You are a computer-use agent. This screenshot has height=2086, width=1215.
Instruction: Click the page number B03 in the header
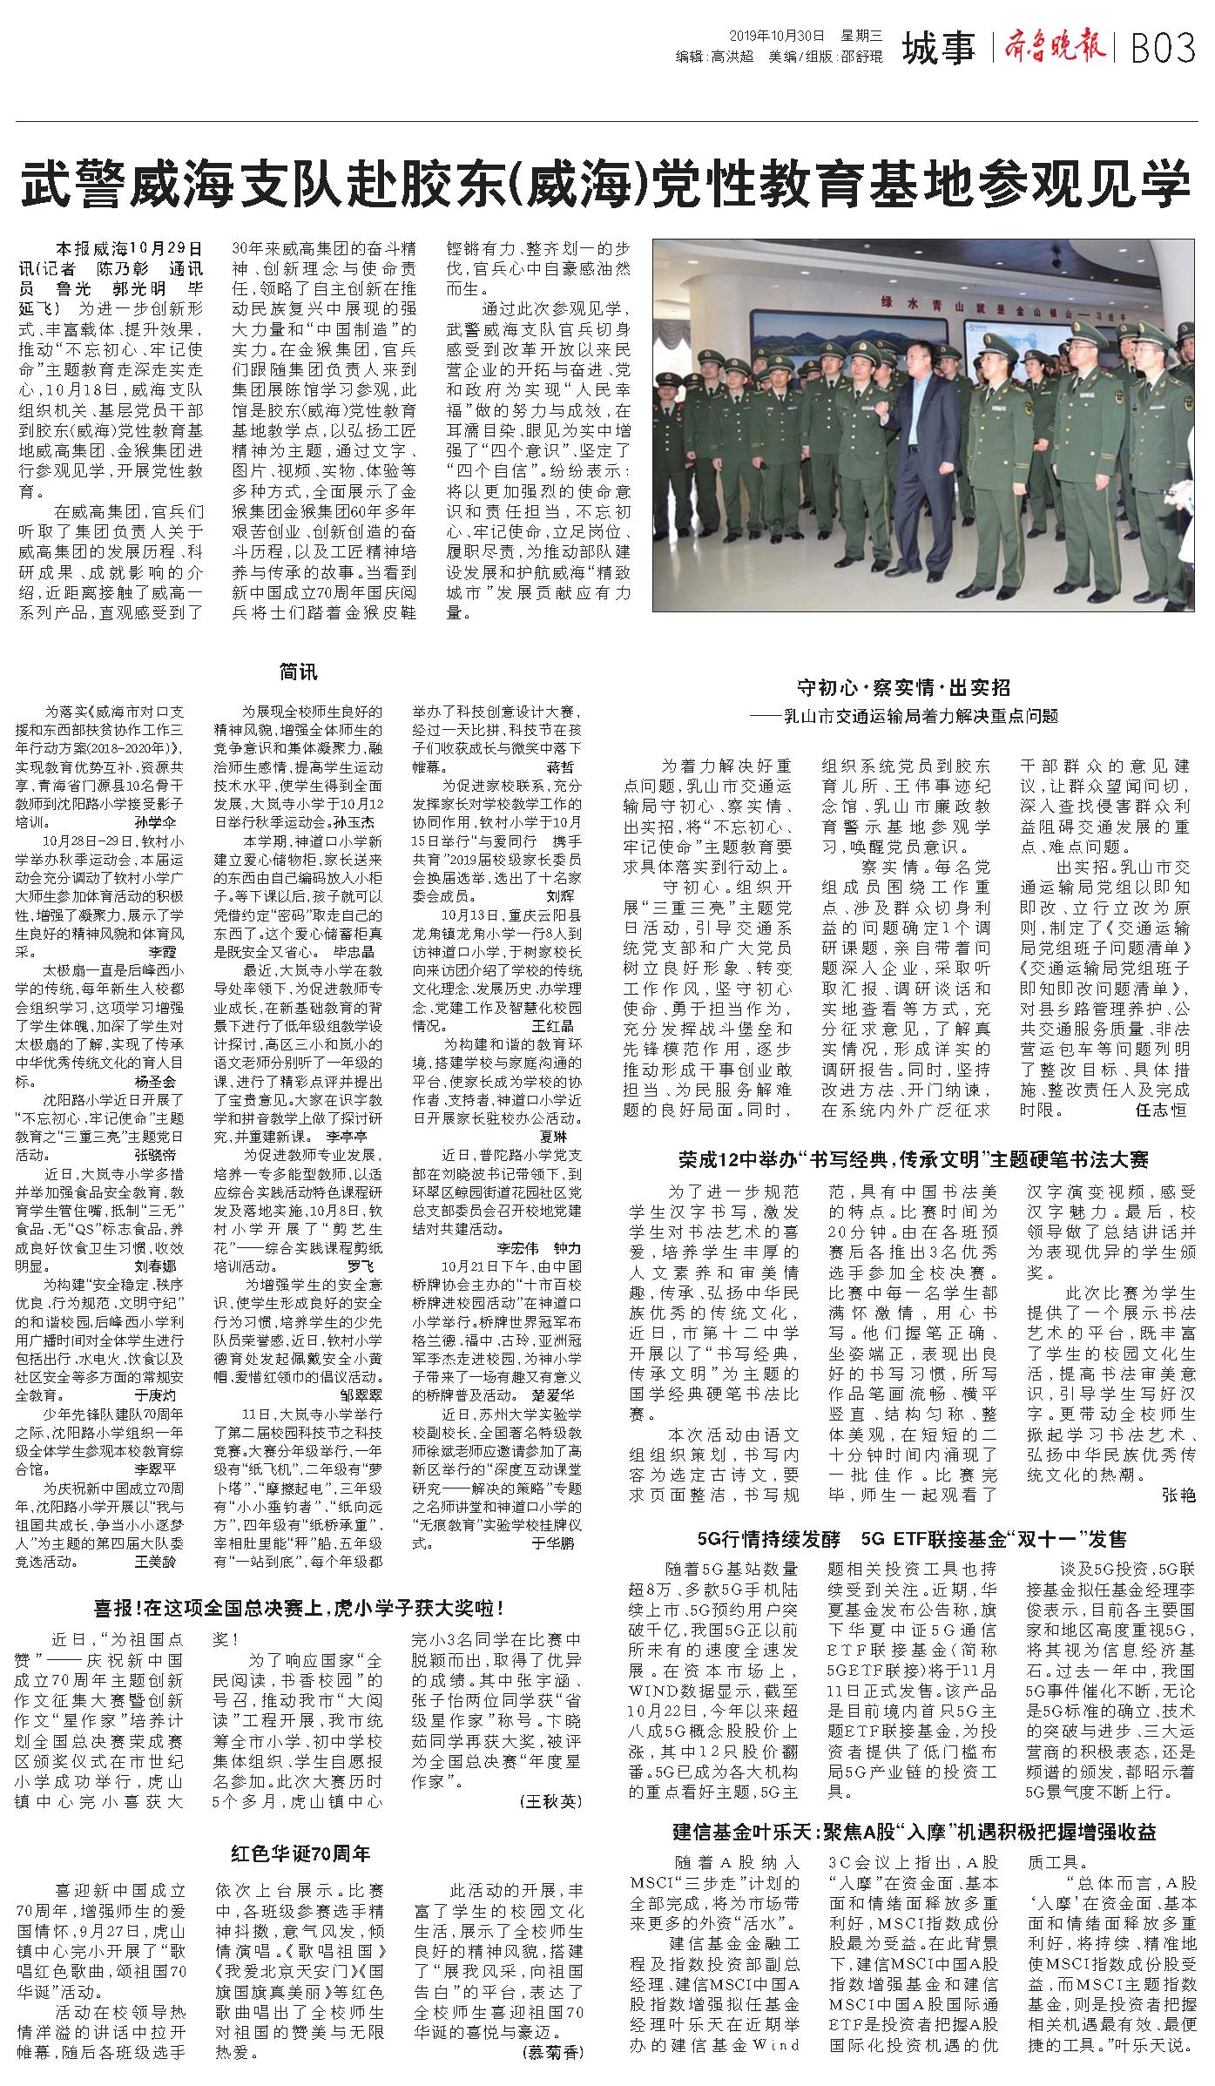(1163, 48)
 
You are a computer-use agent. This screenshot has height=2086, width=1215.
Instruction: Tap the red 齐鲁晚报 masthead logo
(1059, 46)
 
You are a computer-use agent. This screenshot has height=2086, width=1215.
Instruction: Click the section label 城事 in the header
(939, 48)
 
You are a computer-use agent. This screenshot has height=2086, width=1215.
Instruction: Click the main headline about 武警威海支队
(606, 181)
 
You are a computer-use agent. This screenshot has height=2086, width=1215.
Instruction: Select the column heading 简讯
(298, 671)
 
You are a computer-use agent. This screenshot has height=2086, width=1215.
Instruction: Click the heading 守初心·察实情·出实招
(905, 687)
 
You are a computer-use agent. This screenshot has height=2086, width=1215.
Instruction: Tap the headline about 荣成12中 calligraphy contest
(914, 1158)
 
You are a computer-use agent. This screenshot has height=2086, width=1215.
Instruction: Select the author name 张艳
(1178, 1495)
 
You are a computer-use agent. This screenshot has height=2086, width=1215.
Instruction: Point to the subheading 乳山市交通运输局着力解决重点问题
(910, 716)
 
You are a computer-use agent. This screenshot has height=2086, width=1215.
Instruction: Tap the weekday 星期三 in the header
(861, 36)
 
